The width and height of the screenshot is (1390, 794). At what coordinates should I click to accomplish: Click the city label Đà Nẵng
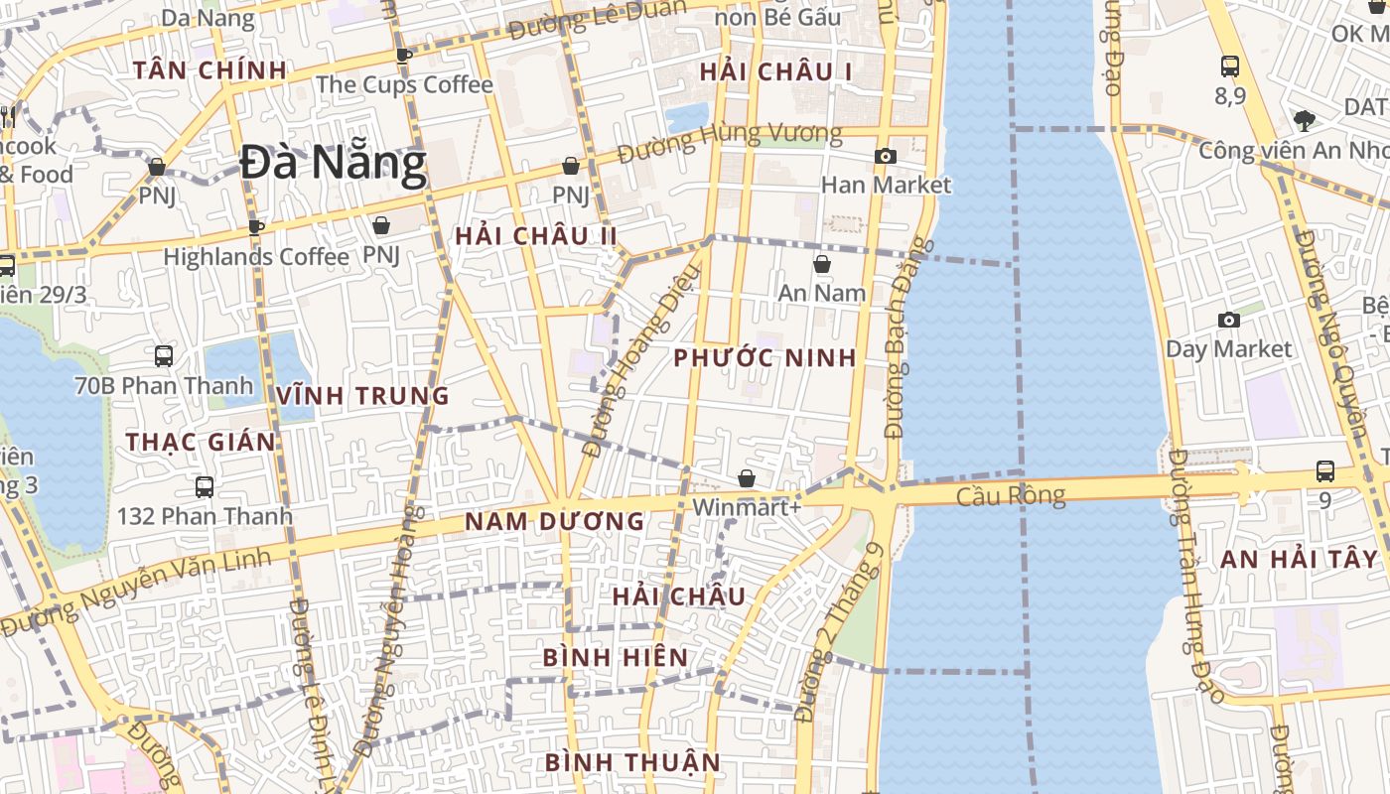pyautogui.click(x=334, y=164)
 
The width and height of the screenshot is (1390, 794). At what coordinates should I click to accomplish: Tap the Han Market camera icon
pyautogui.click(x=885, y=156)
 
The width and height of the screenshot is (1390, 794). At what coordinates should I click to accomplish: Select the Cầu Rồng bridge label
pyautogui.click(x=1010, y=495)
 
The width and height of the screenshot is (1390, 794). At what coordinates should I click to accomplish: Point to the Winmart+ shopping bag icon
pyautogui.click(x=747, y=478)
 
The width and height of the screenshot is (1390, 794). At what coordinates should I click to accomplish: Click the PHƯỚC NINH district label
pyautogui.click(x=764, y=358)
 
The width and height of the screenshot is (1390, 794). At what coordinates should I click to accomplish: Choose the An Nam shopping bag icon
pyautogui.click(x=822, y=264)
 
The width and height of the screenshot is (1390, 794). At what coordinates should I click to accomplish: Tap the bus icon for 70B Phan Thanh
pyautogui.click(x=164, y=355)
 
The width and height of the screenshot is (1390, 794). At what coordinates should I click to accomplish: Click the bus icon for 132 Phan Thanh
pyautogui.click(x=205, y=486)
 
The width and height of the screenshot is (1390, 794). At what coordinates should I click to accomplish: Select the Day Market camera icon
pyautogui.click(x=1229, y=320)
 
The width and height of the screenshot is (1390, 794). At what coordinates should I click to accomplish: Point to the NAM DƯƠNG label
pyautogui.click(x=555, y=521)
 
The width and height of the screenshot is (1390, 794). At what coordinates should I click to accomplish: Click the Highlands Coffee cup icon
pyautogui.click(x=256, y=227)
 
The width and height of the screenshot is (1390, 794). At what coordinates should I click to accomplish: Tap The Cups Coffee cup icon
pyautogui.click(x=403, y=56)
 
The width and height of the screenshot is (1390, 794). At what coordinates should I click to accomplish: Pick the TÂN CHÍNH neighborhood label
pyautogui.click(x=209, y=70)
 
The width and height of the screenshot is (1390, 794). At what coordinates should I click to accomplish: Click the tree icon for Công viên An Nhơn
pyautogui.click(x=1304, y=121)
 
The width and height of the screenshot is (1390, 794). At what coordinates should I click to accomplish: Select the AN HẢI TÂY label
pyautogui.click(x=1299, y=559)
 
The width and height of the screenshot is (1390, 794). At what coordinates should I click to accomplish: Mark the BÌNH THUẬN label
pyautogui.click(x=632, y=762)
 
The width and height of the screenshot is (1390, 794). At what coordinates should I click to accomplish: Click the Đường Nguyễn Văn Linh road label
pyautogui.click(x=136, y=593)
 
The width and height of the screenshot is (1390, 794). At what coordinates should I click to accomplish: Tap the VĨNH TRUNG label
pyautogui.click(x=362, y=396)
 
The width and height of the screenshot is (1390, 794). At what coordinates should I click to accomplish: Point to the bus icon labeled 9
pyautogui.click(x=1325, y=471)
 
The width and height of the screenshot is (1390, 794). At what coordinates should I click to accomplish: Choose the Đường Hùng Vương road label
pyautogui.click(x=730, y=143)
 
